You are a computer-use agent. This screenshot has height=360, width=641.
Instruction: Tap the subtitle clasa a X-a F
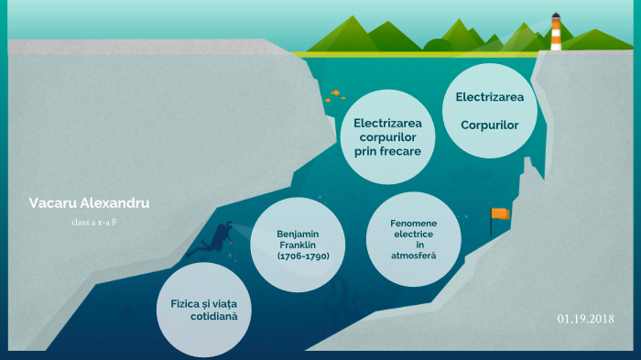click(94, 223)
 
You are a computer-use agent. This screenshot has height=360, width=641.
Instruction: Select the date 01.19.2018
click(585, 318)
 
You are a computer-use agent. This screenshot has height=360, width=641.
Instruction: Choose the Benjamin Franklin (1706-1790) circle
click(297, 245)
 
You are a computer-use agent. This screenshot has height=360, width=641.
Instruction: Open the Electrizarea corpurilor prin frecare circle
click(386, 136)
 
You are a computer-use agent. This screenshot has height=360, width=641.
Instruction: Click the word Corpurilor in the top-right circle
click(490, 124)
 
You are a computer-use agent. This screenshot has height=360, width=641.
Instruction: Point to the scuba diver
click(219, 239)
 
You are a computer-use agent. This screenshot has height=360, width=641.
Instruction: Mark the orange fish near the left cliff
click(336, 93)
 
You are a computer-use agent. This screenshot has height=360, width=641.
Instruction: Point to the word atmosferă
click(413, 256)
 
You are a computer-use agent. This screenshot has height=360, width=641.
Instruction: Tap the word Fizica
click(190, 302)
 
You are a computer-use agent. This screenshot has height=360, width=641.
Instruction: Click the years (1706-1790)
click(303, 256)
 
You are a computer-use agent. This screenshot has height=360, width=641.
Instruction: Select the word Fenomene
click(414, 223)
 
